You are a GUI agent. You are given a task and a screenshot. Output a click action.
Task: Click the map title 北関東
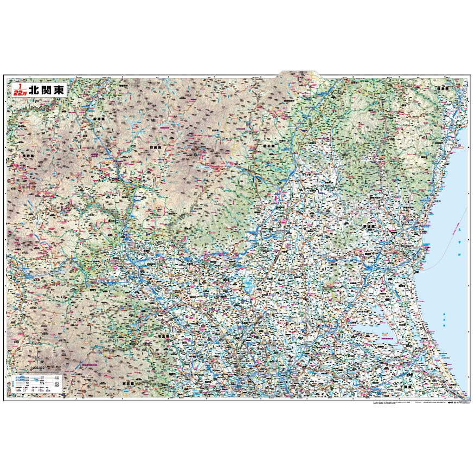point(47,90)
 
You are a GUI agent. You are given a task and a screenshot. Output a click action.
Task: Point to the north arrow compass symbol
point(37,355)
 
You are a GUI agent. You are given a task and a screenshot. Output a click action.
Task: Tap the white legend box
point(37,384)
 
